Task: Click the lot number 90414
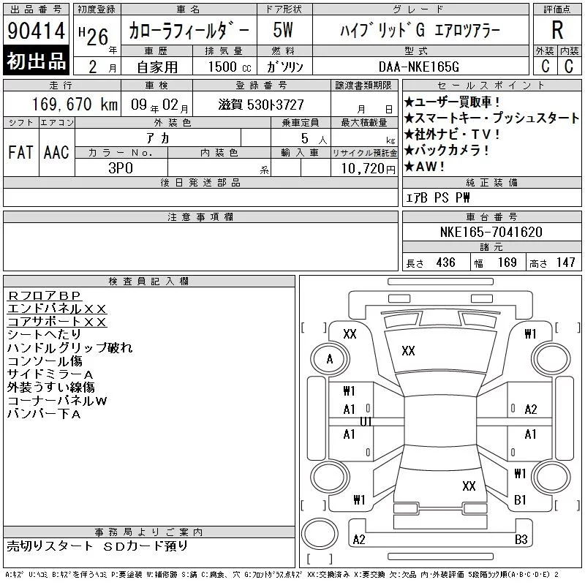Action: pos(36,31)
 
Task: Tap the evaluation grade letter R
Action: pos(557,30)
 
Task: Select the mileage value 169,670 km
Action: pos(75,104)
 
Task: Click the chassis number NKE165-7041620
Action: pos(491,232)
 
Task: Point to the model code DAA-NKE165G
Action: pos(419,67)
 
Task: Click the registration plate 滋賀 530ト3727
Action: pos(261,105)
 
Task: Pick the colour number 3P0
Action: pos(121,168)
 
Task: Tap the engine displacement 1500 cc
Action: pos(230,67)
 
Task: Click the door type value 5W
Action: pos(283,30)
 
